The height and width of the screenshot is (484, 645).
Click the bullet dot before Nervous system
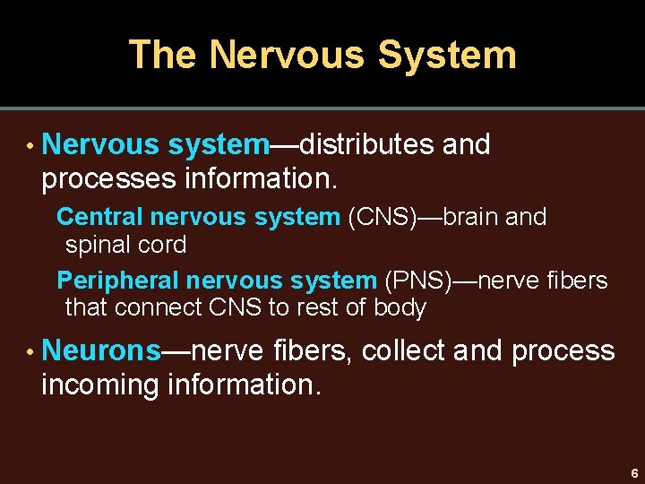(30, 145)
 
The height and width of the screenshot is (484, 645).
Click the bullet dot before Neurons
(30, 351)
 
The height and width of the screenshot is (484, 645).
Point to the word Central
(100, 217)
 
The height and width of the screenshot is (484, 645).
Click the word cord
(162, 245)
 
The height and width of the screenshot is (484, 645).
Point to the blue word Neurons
(101, 350)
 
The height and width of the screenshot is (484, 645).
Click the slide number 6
(633, 472)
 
